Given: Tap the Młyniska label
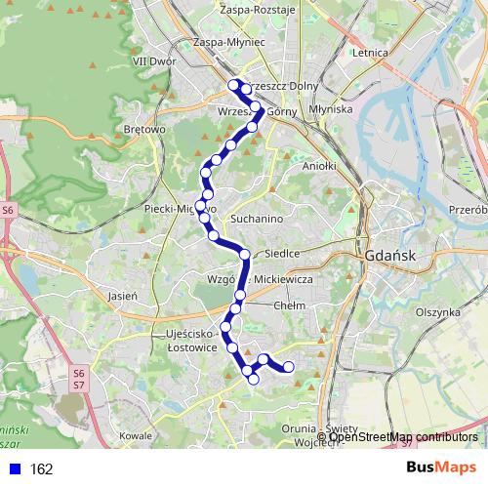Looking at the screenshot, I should coord(329,109).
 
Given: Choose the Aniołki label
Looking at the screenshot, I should coord(319,166).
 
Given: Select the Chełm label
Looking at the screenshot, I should coord(290,305).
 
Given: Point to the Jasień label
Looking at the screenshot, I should coord(122,295).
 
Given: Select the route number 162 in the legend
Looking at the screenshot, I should coord(41,469).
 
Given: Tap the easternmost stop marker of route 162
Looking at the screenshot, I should coord(288,367).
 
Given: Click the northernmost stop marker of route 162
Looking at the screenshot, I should coord(234,85).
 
